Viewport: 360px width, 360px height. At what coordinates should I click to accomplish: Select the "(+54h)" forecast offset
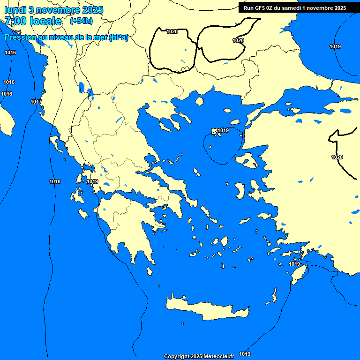81,21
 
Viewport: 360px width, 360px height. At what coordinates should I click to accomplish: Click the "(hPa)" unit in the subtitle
118,37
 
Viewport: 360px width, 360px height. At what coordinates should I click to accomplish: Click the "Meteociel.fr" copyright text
218,356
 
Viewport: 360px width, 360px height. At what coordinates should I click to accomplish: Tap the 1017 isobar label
36,102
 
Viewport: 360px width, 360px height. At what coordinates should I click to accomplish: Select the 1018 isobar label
55,181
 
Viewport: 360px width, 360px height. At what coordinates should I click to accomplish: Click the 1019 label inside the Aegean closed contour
223,130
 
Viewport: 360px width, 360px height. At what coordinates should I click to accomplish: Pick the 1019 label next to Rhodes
294,264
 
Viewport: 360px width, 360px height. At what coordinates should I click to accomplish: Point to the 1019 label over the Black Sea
335,46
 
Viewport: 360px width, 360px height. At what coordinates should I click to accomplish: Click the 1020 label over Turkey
337,157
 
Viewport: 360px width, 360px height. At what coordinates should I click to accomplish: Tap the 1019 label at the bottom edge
245,354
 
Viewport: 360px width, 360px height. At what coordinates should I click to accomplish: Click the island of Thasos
199,101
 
